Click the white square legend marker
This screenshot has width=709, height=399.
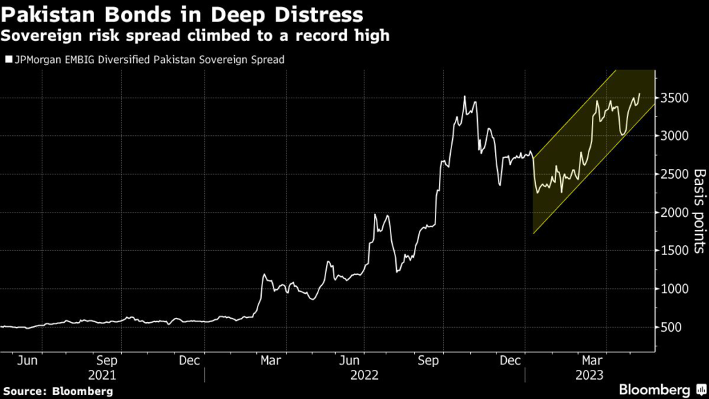[8, 60]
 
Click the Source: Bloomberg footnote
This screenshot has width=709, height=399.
[57, 391]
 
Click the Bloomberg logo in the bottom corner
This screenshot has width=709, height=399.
[654, 389]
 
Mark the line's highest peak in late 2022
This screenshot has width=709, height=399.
[465, 96]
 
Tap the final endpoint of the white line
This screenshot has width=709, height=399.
[639, 93]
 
